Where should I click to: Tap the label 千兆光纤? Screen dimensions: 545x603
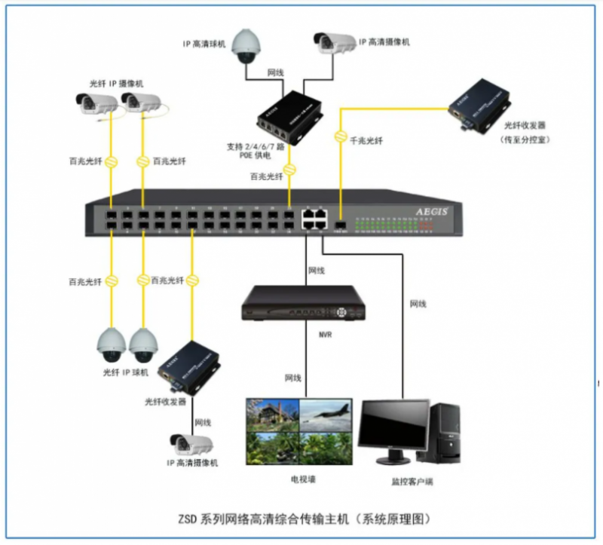pyautogui.click(x=367, y=139)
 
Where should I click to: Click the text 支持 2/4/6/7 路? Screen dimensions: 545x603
pyautogui.click(x=256, y=146)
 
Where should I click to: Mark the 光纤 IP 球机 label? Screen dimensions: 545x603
pyautogui.click(x=126, y=373)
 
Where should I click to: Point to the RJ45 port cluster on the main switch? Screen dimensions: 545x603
pyautogui.click(x=314, y=218)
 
